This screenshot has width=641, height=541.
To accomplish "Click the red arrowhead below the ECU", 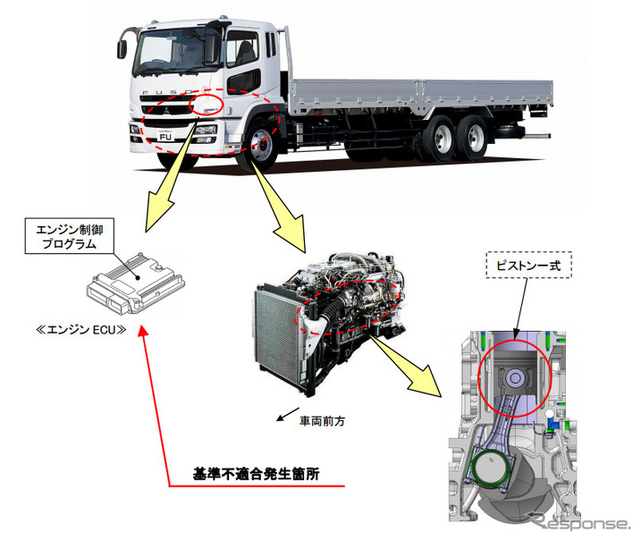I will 145,334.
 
